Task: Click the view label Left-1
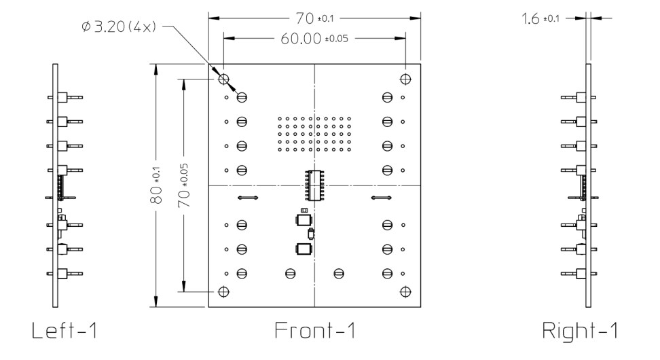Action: [65, 331]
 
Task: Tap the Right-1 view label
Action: [581, 331]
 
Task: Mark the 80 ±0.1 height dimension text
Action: [157, 186]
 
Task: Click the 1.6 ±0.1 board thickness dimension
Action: [540, 19]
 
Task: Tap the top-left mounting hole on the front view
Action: [223, 79]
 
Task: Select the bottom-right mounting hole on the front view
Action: [405, 291]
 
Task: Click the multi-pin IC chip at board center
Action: [314, 185]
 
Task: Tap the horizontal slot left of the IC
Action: [246, 198]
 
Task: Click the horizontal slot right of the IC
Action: [382, 198]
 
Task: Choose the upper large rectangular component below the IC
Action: [303, 220]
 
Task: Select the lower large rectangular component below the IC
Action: [303, 249]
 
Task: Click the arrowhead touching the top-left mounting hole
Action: [228, 86]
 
